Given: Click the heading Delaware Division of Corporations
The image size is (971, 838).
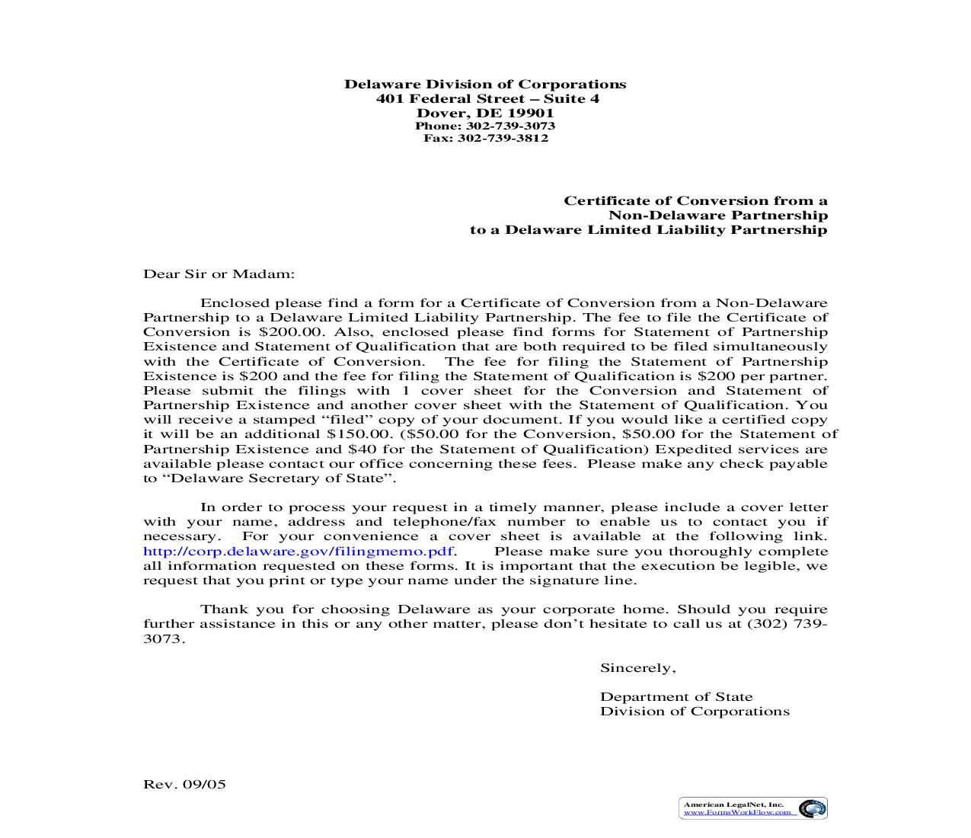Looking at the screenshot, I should click(485, 85).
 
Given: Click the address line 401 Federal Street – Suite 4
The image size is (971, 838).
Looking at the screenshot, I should click(487, 99).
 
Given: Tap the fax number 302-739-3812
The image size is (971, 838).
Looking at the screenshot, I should click(503, 138).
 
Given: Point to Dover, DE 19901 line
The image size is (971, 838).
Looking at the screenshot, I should click(485, 113).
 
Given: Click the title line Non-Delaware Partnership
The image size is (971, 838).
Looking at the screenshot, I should click(717, 215).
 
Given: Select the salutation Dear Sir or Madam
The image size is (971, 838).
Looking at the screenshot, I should click(219, 273).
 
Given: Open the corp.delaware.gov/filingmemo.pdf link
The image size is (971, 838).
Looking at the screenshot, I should click(299, 552).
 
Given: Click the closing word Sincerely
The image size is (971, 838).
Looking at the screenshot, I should click(637, 668).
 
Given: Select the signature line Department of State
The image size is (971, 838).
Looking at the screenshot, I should click(676, 697).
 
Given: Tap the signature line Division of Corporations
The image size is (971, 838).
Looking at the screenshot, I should click(694, 712).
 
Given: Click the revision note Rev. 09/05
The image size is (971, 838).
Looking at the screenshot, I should click(184, 784).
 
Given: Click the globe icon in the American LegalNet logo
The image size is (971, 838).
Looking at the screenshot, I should click(812, 808).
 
